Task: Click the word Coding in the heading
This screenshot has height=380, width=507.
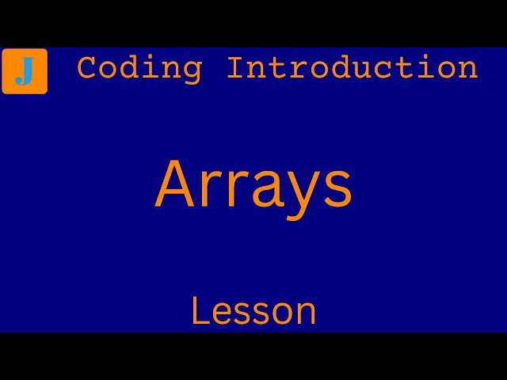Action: click(139, 68)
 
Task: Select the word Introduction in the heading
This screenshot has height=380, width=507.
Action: click(353, 68)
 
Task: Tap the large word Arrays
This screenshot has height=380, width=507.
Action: click(253, 186)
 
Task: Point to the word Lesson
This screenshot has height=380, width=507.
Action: click(253, 311)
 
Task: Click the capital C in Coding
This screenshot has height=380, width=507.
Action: click(87, 68)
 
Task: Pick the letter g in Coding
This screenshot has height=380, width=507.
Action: click(193, 71)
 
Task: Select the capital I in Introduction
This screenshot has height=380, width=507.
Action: click(236, 68)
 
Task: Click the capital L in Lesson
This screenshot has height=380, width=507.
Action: click(199, 311)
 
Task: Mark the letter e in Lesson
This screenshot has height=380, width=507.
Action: click(219, 313)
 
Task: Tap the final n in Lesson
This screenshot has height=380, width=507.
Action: click(307, 313)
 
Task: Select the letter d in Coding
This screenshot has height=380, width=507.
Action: click(129, 68)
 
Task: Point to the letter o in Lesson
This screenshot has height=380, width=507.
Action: click(283, 313)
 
